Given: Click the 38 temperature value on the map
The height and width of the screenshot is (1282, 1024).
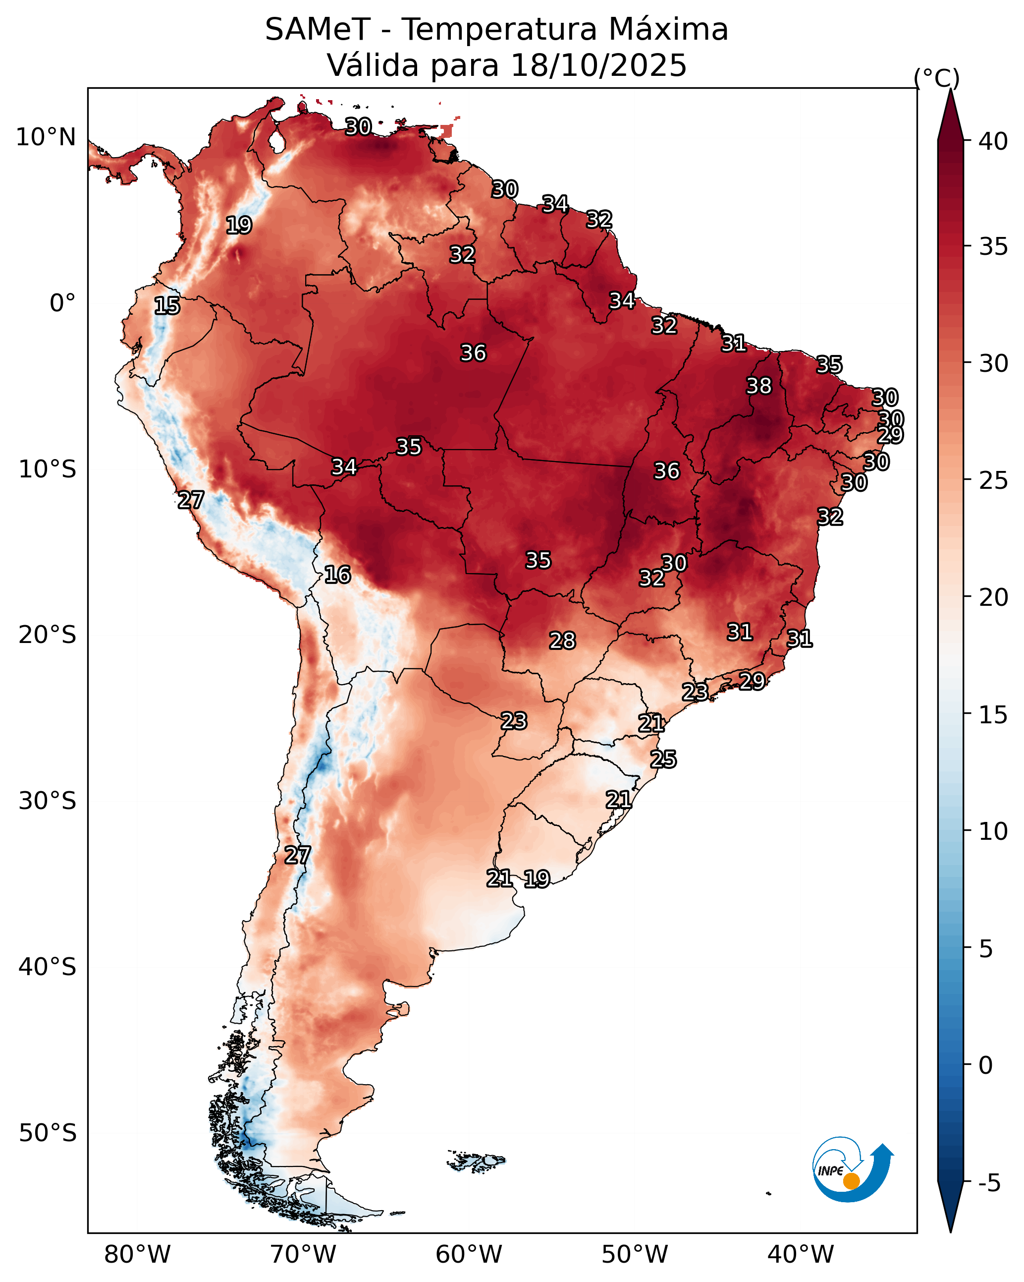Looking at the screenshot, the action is click(x=759, y=386).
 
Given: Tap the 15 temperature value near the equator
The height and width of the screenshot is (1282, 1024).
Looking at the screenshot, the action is click(x=167, y=306).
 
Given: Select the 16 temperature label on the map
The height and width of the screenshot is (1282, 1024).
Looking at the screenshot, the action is click(x=337, y=575).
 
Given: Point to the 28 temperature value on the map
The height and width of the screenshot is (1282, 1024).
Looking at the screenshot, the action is click(x=562, y=641).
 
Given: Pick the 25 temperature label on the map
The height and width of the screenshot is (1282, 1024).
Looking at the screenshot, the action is click(x=663, y=759).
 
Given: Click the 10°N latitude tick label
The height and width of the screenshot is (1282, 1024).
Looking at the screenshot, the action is click(x=46, y=137).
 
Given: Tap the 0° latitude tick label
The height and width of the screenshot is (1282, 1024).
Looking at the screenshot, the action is click(x=63, y=303).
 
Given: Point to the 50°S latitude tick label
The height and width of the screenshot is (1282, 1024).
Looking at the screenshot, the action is click(x=48, y=1133).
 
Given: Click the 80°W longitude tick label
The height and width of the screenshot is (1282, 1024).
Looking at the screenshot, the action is click(x=137, y=1254).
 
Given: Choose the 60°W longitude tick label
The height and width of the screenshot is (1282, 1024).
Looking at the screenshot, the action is click(x=469, y=1254).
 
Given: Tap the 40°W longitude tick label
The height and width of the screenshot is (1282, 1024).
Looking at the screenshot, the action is click(x=801, y=1254).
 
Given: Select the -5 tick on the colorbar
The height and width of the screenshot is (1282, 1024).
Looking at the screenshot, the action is click(x=989, y=1183).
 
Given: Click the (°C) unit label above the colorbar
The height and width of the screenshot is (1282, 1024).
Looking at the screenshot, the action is click(x=937, y=78).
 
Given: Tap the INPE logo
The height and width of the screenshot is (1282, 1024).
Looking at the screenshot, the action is click(x=854, y=1172).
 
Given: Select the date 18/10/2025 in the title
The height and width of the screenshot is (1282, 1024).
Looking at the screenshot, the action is click(x=598, y=65).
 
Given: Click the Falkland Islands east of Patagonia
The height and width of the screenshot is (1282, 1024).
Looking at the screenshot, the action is click(x=476, y=1160).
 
